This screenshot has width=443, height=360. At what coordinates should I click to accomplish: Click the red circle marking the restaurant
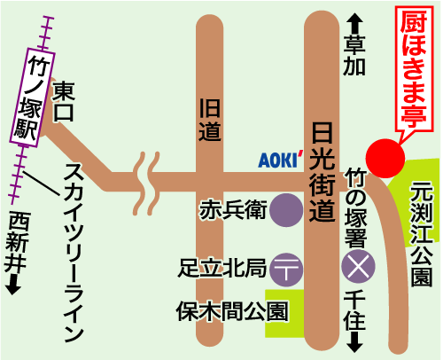click(385, 159)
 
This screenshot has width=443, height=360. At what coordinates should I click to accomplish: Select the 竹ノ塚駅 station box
click(33, 98)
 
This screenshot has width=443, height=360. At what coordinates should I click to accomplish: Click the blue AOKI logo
click(281, 160)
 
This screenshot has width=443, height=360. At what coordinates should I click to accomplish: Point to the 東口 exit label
click(64, 101)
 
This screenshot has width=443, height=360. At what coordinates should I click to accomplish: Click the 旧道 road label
click(210, 120)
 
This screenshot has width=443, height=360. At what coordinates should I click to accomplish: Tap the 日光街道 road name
click(322, 172)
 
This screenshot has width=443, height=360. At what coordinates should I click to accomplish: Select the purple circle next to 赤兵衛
click(286, 210)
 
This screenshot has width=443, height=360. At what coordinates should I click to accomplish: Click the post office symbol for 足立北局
click(286, 270)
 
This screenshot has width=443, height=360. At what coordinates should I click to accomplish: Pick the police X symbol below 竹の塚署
click(358, 267)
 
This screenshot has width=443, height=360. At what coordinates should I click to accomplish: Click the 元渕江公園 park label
click(422, 233)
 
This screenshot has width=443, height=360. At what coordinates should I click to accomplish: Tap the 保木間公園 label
click(232, 311)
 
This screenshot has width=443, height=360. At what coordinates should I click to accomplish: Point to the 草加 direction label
click(354, 55)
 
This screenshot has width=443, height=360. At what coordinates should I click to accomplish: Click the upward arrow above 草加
click(354, 24)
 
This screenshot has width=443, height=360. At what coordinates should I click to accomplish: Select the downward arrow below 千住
click(354, 342)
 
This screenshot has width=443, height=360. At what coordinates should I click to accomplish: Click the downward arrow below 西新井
click(13, 285)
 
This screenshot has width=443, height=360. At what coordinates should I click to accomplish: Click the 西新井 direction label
click(17, 242)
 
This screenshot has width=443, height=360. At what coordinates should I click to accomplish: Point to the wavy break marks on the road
click(146, 184)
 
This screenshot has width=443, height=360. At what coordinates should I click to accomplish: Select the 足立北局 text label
click(221, 269)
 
